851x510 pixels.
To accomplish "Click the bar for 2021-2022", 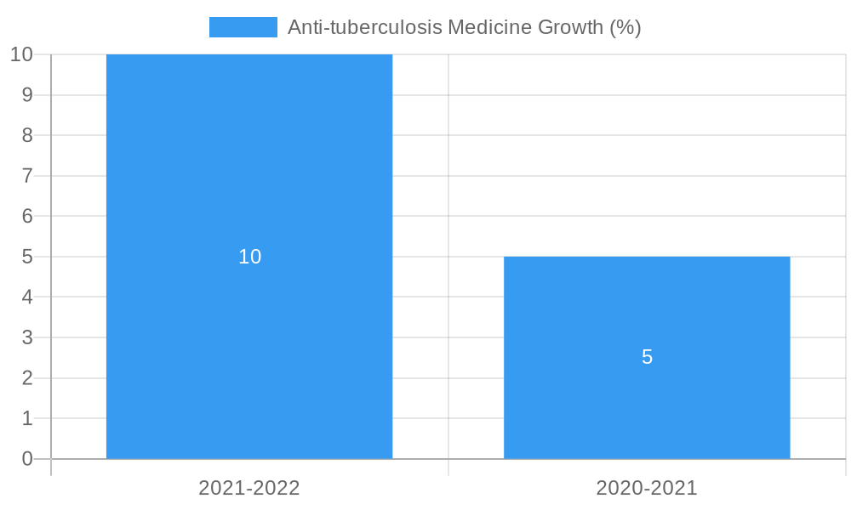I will tap(249, 170).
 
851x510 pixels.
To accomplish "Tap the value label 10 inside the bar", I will tap(249, 257).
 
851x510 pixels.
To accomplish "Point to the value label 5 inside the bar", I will tap(647, 357).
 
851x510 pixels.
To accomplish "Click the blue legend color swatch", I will tap(243, 27).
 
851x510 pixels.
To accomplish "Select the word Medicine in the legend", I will tap(489, 27).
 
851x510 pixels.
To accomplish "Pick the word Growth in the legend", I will tap(571, 27).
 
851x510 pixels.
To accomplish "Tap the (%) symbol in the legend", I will tap(625, 27).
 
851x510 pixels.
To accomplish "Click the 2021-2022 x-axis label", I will tap(249, 488).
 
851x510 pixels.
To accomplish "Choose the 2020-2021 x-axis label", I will tap(647, 488).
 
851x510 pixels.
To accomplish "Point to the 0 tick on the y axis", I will tap(27, 459).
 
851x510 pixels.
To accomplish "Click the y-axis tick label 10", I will tap(21, 54).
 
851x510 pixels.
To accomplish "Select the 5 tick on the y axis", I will tap(27, 257).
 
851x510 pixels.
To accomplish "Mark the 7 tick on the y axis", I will tap(27, 176).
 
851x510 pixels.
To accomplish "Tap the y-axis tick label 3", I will tap(27, 337).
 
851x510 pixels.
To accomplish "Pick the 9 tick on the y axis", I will tap(27, 95).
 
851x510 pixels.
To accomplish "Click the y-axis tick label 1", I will tap(27, 418).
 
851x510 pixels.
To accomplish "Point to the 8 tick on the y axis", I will tap(27, 135).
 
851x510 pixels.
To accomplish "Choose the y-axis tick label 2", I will tap(27, 378).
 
